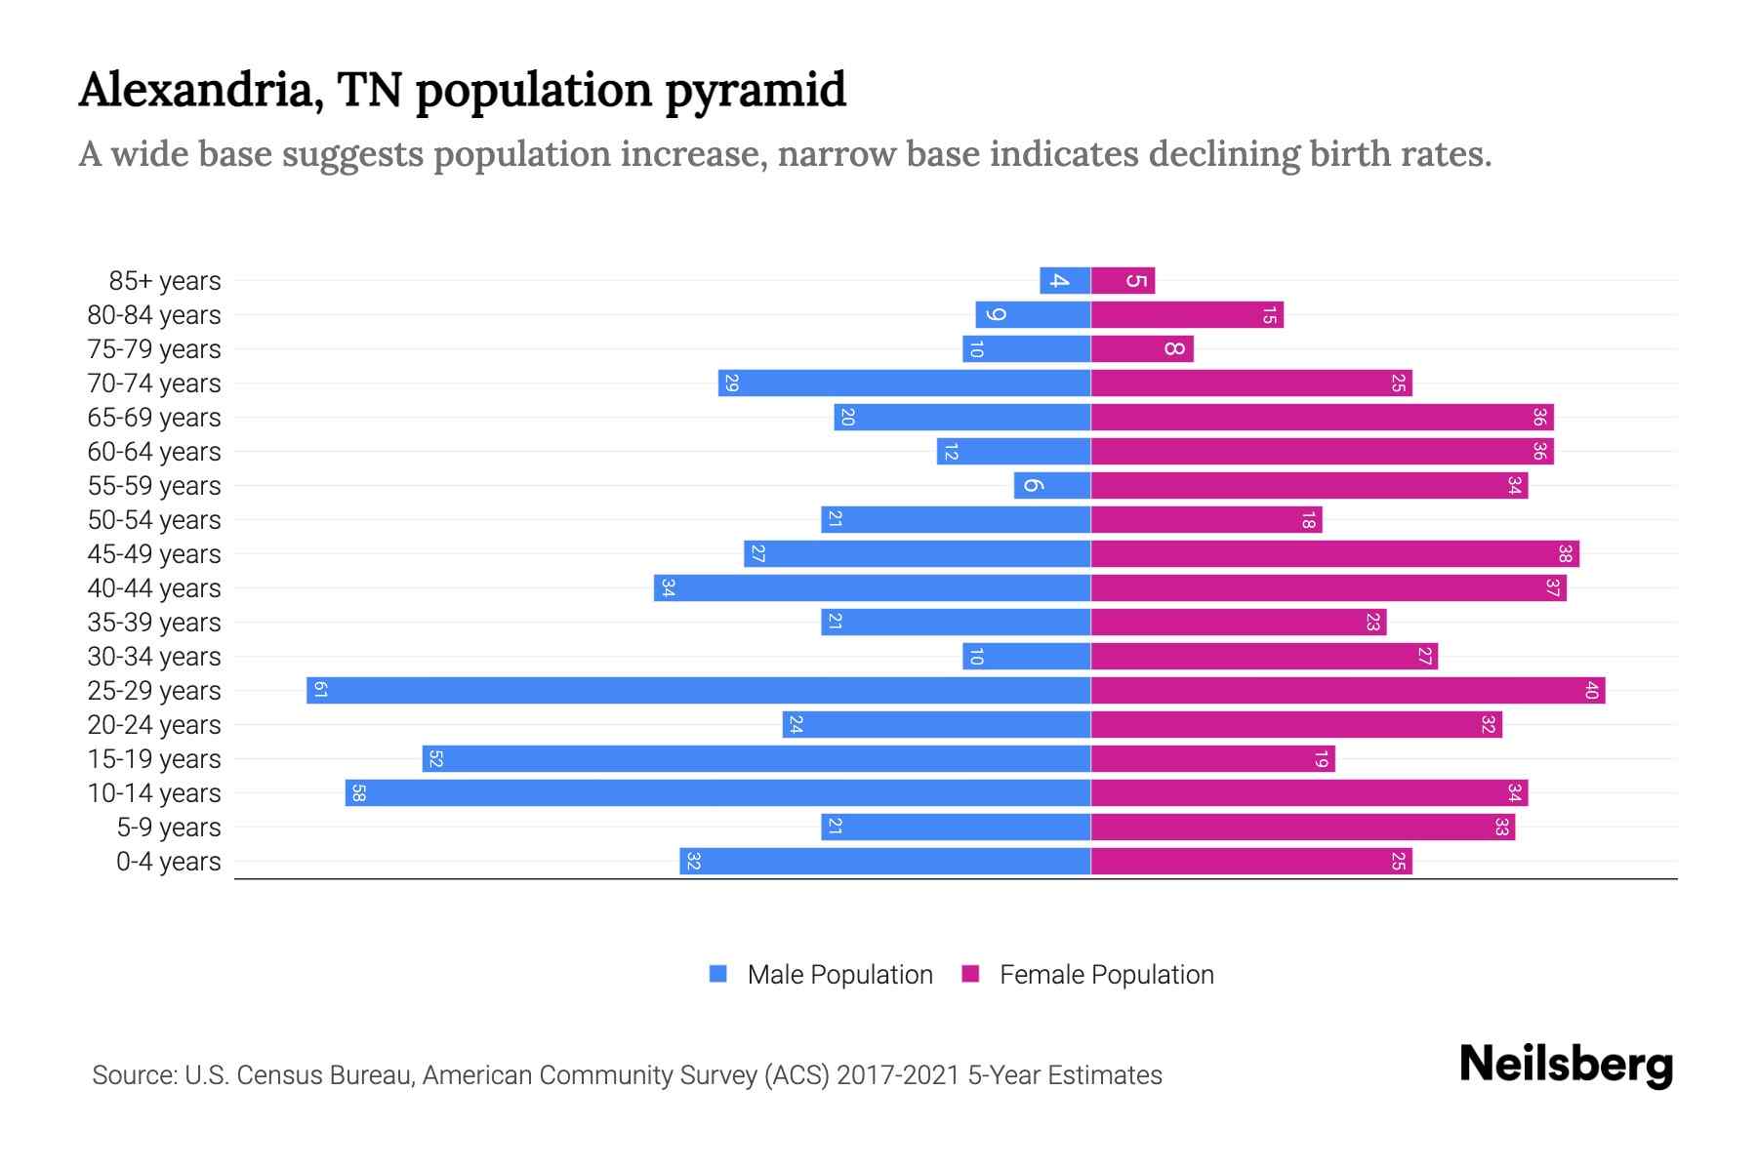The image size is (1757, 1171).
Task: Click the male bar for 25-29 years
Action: pyautogui.click(x=698, y=690)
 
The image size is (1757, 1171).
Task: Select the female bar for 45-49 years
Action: pyautogui.click(x=1334, y=553)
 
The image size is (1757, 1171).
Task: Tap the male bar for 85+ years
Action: pyautogui.click(x=1065, y=281)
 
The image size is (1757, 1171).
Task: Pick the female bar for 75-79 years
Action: pyautogui.click(x=1141, y=349)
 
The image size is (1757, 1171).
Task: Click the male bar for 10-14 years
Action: pyautogui.click(x=717, y=792)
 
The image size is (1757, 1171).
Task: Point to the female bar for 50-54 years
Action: pyautogui.click(x=1205, y=519)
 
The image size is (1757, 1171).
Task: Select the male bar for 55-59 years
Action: pyautogui.click(x=1051, y=485)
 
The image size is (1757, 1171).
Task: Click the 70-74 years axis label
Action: pyautogui.click(x=154, y=384)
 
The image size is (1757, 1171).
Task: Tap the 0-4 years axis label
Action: pyautogui.click(x=168, y=862)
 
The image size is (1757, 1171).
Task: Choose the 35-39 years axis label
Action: pyautogui.click(x=154, y=623)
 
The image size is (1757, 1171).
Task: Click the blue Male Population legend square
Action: pyautogui.click(x=718, y=974)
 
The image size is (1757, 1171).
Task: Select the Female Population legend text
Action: pyautogui.click(x=1106, y=974)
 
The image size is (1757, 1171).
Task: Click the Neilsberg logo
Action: pyautogui.click(x=1566, y=1065)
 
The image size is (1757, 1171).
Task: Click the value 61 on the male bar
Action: pyautogui.click(x=320, y=690)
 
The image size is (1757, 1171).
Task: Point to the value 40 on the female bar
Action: pyautogui.click(x=1591, y=690)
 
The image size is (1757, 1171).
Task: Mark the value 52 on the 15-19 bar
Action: pyautogui.click(x=435, y=758)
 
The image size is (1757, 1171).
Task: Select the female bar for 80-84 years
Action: pyautogui.click(x=1187, y=315)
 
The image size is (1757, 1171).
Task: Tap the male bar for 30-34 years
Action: pyautogui.click(x=1026, y=656)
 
